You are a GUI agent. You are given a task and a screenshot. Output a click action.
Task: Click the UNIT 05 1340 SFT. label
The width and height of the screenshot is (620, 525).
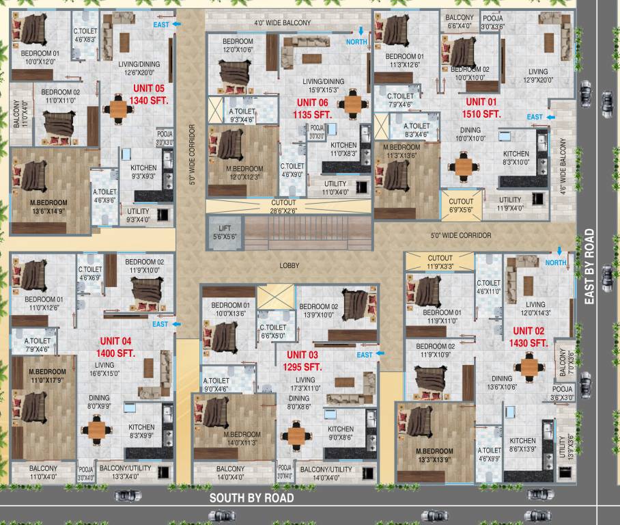tap(148, 94)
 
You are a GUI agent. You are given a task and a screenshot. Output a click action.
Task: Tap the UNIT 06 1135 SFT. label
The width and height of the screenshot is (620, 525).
tap(312, 108)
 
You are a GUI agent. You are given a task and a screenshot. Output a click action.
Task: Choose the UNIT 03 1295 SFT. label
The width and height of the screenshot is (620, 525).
tap(302, 360)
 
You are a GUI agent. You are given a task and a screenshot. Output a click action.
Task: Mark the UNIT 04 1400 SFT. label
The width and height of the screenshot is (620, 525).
tap(117, 347)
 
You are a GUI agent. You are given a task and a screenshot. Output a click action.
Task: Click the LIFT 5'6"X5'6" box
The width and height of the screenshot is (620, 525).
tap(224, 232)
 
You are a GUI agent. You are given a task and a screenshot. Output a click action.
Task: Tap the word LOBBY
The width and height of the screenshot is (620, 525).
tap(290, 265)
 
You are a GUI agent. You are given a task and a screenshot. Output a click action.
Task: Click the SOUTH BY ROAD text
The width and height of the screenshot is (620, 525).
tap(251, 498)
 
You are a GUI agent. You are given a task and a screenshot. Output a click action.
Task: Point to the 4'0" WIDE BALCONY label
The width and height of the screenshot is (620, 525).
tap(282, 23)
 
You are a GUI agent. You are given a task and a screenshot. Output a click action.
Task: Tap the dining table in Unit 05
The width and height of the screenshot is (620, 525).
tap(119, 109)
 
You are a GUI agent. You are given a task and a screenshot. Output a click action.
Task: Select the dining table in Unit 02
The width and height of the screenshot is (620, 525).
tap(529, 366)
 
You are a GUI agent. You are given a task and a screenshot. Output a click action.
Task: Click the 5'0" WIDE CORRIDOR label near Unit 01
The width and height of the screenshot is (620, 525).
tap(460, 235)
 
